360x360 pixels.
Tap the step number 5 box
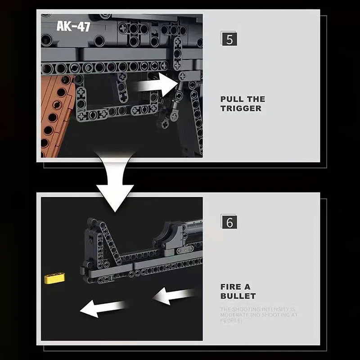point(229,39)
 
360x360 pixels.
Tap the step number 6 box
point(229,222)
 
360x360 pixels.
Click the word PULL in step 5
point(233,99)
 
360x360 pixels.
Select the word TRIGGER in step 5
point(241,108)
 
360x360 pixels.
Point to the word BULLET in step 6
point(238,296)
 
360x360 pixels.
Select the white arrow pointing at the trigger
point(157,84)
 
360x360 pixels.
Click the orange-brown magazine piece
point(56,115)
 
